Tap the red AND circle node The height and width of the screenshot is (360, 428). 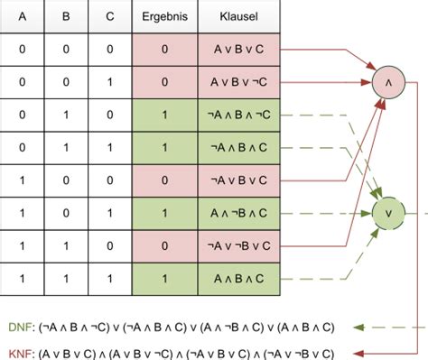point(386,84)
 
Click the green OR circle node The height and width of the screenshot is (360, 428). point(386,214)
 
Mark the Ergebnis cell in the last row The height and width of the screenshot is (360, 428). point(163,279)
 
